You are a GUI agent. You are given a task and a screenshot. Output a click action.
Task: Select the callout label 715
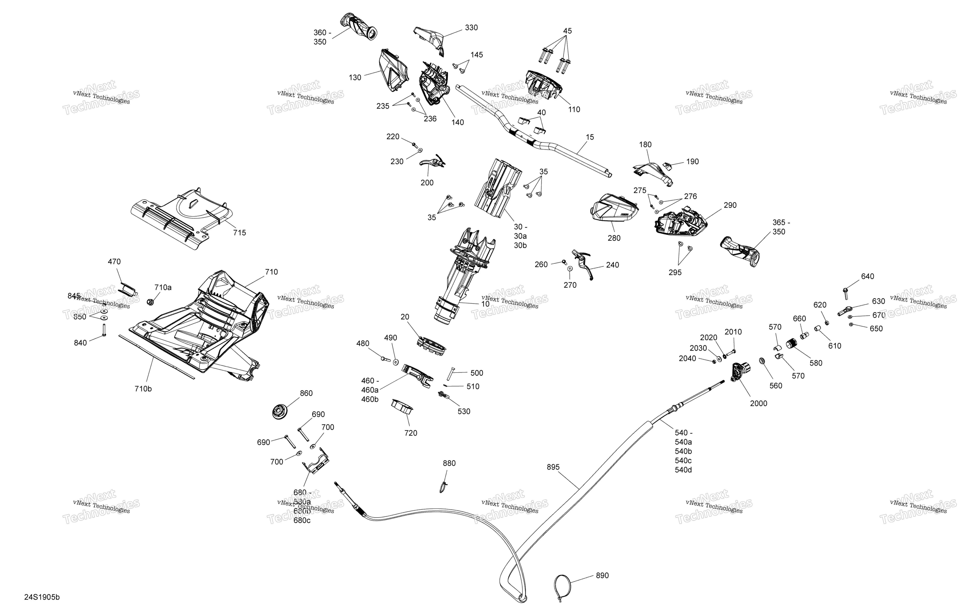coord(239,233)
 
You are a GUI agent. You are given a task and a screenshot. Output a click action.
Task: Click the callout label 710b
coord(143,389)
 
